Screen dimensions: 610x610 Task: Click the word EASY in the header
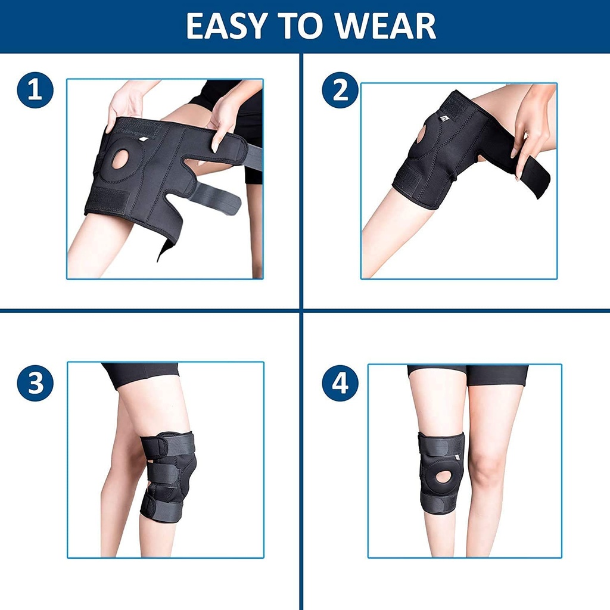[226, 26]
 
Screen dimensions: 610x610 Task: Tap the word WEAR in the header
[385, 26]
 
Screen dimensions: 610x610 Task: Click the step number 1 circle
[35, 90]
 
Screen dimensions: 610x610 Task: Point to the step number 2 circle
[340, 90]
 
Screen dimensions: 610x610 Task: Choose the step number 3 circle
[35, 383]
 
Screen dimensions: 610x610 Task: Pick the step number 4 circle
[340, 383]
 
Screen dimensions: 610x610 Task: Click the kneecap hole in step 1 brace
[120, 160]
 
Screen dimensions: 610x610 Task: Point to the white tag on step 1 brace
[144, 139]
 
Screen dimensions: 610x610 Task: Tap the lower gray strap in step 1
[214, 198]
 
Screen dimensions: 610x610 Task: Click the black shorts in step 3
[141, 374]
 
